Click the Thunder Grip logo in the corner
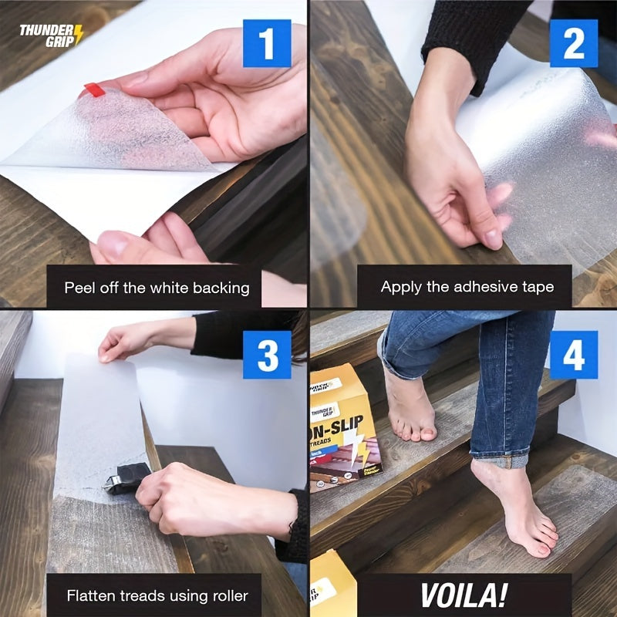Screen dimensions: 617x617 point(51,35)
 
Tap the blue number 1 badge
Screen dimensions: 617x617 point(267,43)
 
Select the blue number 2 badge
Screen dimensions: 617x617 point(573,43)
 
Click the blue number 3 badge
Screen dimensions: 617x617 point(267,355)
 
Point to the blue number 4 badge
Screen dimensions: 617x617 point(573,355)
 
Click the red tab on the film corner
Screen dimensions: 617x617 point(94,89)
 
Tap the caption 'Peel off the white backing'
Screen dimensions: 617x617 point(157,288)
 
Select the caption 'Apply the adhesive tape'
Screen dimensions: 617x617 point(467,287)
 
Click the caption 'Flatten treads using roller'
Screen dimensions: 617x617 point(157,595)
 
